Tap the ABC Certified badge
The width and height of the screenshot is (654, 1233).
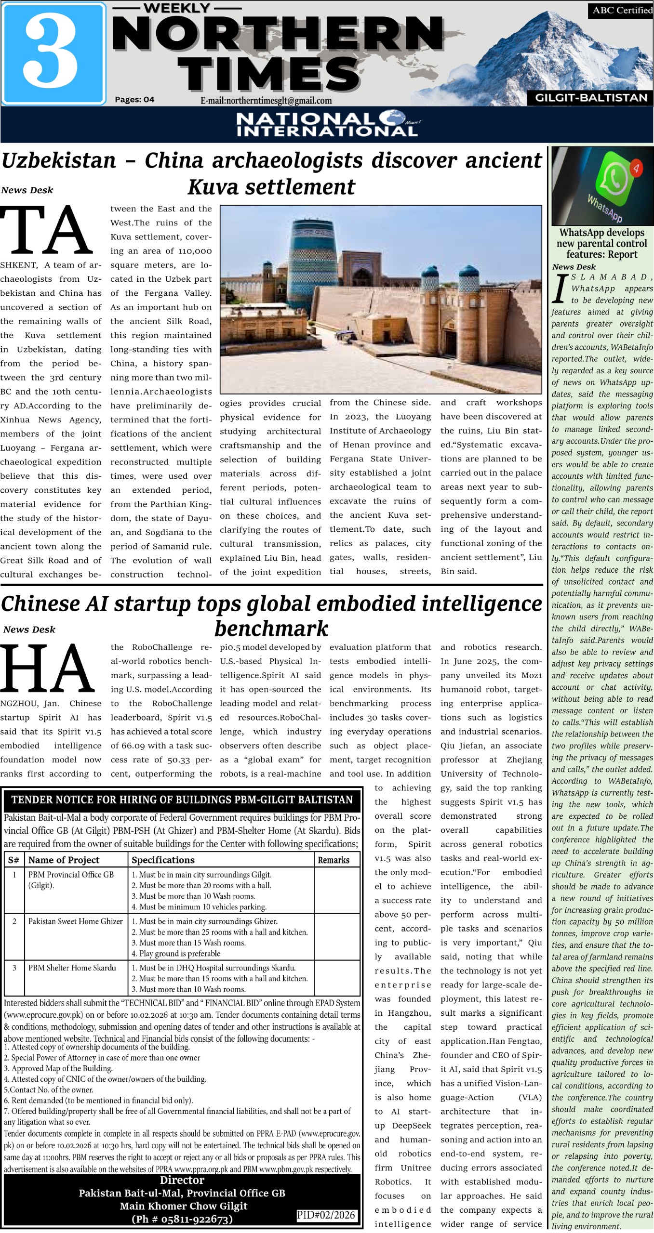(x=620, y=11)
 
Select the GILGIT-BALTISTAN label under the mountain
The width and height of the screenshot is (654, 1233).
(x=591, y=98)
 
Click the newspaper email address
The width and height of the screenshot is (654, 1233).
(x=266, y=101)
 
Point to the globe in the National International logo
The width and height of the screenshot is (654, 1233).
(x=391, y=118)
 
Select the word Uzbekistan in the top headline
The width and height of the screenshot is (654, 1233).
(x=59, y=161)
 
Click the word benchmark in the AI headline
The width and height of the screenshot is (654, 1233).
(x=271, y=629)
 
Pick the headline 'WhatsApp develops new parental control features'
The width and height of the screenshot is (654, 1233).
(x=601, y=243)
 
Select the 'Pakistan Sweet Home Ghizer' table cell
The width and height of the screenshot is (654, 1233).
(x=75, y=921)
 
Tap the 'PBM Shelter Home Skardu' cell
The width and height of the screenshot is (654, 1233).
(x=72, y=968)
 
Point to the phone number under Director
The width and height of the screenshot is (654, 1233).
(x=182, y=1219)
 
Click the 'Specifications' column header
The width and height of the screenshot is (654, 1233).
(x=163, y=860)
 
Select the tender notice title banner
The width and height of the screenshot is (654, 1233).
(x=182, y=800)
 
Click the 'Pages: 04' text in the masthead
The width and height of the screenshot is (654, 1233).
(x=134, y=100)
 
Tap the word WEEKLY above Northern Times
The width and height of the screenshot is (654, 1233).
(x=177, y=8)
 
